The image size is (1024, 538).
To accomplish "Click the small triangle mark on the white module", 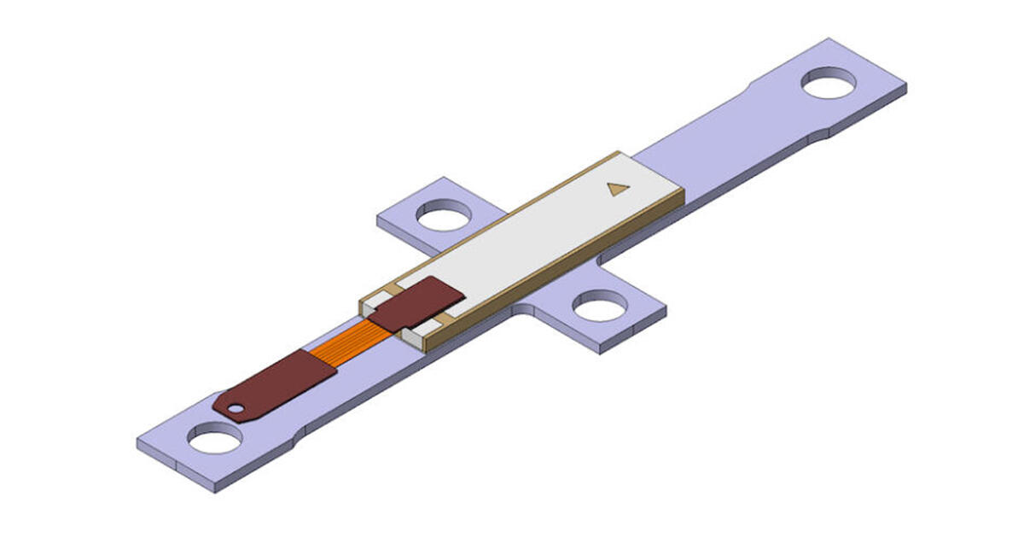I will [x=618, y=189].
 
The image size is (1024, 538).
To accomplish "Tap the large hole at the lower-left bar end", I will [x=214, y=439].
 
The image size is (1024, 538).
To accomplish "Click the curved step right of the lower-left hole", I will [x=294, y=444].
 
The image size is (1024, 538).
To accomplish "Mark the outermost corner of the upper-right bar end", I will [x=905, y=85].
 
